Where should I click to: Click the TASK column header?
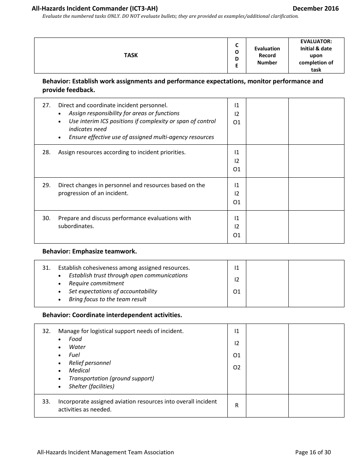[x=131, y=55]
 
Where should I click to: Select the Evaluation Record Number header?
[x=267, y=56]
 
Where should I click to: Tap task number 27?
[x=46, y=105]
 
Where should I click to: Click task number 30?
[x=46, y=218]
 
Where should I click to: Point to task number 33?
[x=46, y=402]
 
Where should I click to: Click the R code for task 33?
[x=237, y=405]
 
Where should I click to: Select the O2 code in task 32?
[x=237, y=367]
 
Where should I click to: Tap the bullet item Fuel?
[x=74, y=355]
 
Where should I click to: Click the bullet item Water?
[x=77, y=347]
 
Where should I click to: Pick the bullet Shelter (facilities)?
[x=91, y=386]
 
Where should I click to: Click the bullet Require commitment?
[x=96, y=283]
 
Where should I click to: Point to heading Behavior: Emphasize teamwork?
[x=89, y=252]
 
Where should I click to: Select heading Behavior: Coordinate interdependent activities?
[x=112, y=315]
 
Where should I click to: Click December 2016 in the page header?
[x=316, y=8]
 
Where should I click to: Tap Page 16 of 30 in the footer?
[x=313, y=452]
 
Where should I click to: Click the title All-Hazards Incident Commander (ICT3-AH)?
[x=95, y=8]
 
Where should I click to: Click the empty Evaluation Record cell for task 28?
[x=267, y=161]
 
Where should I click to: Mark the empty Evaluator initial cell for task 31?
[x=316, y=283]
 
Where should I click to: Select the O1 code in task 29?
[x=237, y=202]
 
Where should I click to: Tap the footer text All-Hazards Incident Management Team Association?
[x=105, y=452]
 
